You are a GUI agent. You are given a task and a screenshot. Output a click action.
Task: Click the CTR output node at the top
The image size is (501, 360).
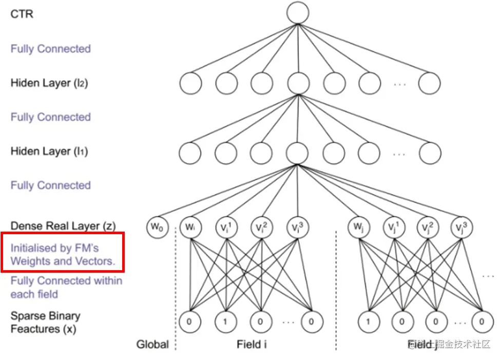click(298, 13)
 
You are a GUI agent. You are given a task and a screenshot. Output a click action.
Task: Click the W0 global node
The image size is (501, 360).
click(157, 228)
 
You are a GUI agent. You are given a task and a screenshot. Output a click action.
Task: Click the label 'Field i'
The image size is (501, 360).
click(252, 344)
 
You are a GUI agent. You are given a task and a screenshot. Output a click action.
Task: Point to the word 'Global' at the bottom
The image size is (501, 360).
click(152, 344)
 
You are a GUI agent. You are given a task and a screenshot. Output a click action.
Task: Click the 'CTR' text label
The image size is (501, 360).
click(22, 14)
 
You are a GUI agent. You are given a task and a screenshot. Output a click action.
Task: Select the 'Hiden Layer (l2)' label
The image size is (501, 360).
click(49, 83)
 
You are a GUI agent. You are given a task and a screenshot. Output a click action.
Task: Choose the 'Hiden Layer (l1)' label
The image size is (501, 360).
click(49, 151)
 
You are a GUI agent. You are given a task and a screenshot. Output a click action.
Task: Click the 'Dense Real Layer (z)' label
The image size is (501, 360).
click(63, 225)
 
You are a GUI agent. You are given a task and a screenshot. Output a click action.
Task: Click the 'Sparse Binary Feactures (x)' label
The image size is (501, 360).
click(45, 322)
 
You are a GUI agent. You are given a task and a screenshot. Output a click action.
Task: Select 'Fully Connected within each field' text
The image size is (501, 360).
click(66, 287)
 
